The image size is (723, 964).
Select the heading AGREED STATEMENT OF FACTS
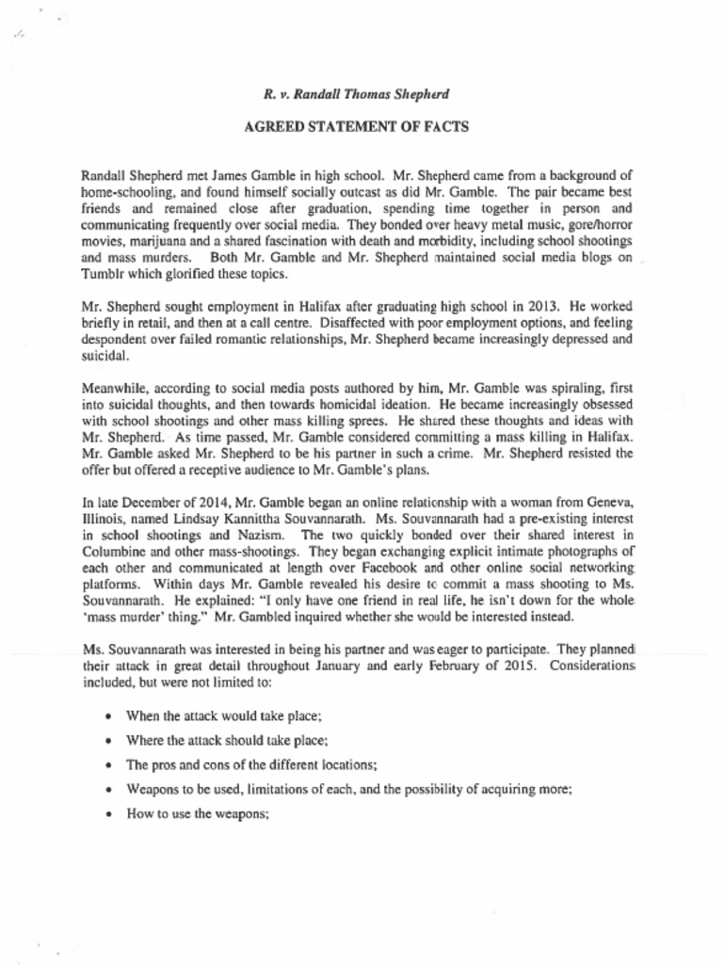pos(356,126)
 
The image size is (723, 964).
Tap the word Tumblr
pos(101,275)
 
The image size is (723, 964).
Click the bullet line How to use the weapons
pos(198,813)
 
